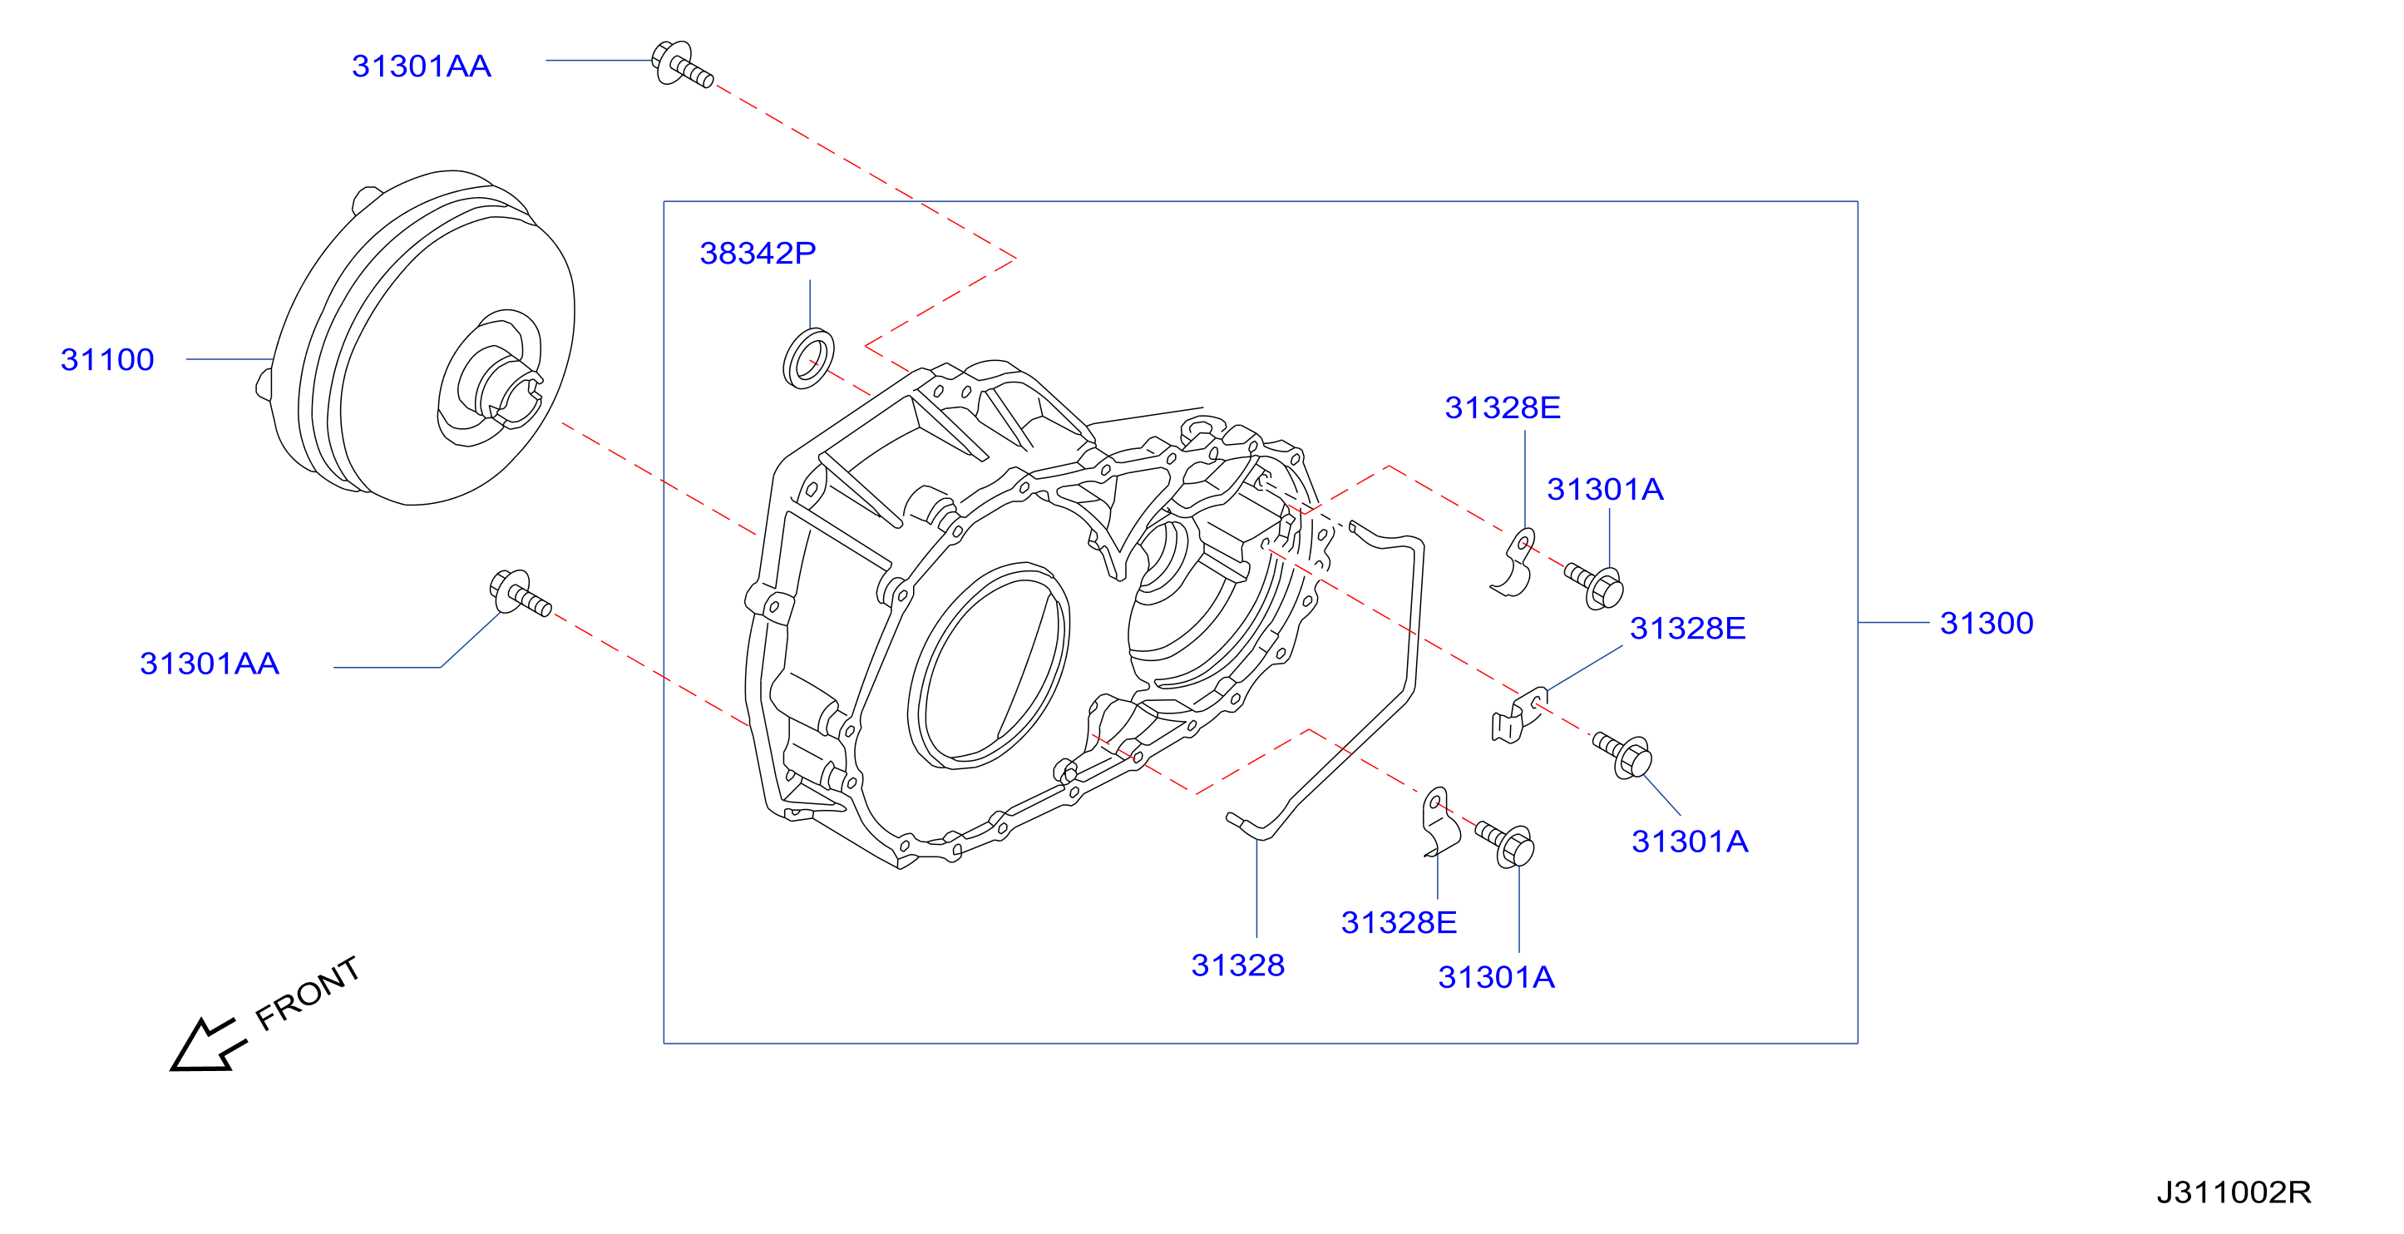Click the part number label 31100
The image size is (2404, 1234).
pos(107,359)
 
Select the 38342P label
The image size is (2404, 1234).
pos(758,253)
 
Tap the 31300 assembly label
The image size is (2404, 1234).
pos(1987,623)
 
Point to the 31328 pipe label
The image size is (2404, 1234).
pos(1237,965)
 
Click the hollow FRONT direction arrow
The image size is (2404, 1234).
pos(207,1044)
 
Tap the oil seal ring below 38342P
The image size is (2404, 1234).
pos(808,358)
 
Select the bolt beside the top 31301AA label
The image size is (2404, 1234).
pos(682,63)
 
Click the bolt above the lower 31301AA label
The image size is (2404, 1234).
pos(520,594)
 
